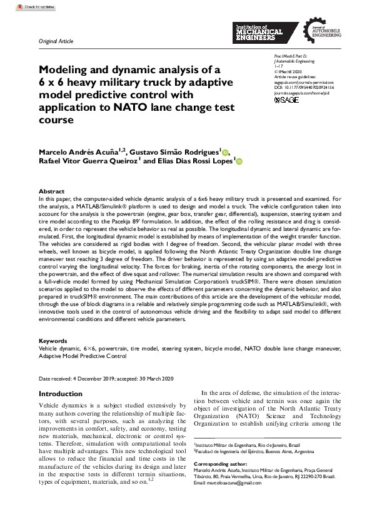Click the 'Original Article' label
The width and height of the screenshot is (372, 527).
coord(56,41)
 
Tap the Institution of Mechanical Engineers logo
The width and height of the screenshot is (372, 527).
coord(259,33)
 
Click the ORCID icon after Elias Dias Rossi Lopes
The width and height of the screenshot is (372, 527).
coord(238,162)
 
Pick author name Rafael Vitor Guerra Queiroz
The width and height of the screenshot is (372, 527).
coord(83,162)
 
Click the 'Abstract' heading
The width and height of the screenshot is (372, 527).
coord(51,192)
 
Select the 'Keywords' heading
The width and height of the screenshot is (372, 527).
coord(53,341)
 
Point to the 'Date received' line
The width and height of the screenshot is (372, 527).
coord(106,379)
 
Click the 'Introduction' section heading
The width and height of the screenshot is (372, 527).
coord(60,394)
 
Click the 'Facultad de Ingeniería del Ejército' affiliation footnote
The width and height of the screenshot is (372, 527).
coord(263,451)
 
